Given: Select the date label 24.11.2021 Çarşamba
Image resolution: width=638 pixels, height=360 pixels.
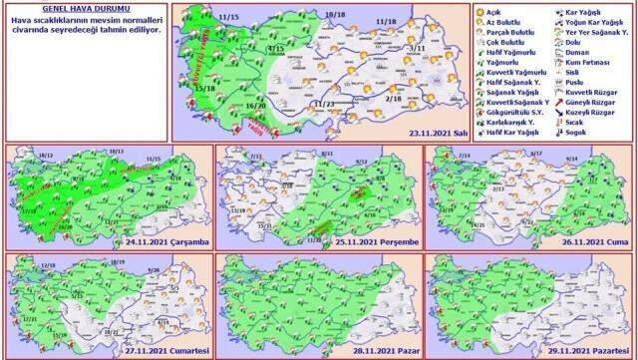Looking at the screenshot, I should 168,240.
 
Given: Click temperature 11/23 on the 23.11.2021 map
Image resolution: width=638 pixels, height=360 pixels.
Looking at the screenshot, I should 323,103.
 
